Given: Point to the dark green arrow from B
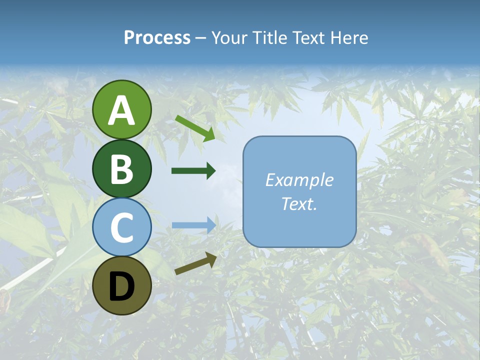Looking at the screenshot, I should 193,171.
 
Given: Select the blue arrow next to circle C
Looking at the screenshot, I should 193,225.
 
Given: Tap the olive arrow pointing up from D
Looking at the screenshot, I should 195,263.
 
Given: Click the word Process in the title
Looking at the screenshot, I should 157,37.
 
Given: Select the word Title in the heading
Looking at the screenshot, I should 270,37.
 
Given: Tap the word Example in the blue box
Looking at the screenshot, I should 299,180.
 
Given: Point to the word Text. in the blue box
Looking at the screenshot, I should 299,204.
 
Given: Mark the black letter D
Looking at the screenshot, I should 121,286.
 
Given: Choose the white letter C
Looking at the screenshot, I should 121,227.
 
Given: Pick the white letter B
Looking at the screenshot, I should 121,169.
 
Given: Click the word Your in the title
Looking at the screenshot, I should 230,37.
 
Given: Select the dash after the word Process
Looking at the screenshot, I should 201,38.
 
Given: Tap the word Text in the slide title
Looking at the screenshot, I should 308,37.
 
